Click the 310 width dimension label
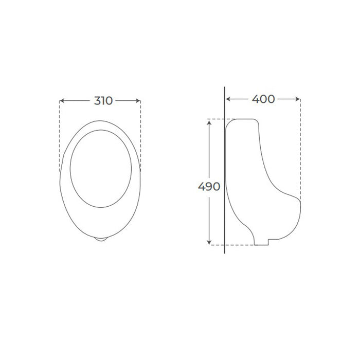(x=103, y=101)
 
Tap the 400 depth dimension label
(x=263, y=99)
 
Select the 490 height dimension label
(x=209, y=187)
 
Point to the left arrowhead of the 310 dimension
(x=62, y=101)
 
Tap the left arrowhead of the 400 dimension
(x=228, y=99)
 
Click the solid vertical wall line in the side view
(x=225, y=216)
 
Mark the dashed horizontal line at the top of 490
(x=216, y=119)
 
